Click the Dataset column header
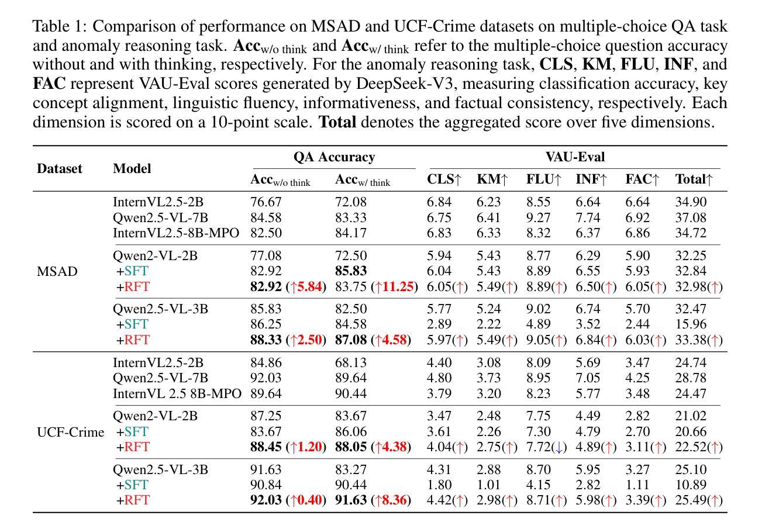(60, 168)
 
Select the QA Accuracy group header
(334, 157)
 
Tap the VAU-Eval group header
(575, 157)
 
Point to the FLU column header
(543, 179)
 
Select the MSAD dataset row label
(57, 271)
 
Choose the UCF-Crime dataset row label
(70, 432)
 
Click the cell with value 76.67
(266, 202)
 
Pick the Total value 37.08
(691, 217)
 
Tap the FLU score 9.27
(538, 217)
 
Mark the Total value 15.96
(691, 324)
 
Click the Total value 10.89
(691, 485)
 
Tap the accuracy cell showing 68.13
(351, 363)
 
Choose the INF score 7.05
(588, 378)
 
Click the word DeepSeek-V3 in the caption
(405, 84)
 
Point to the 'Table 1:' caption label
(60, 26)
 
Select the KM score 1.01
(488, 485)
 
